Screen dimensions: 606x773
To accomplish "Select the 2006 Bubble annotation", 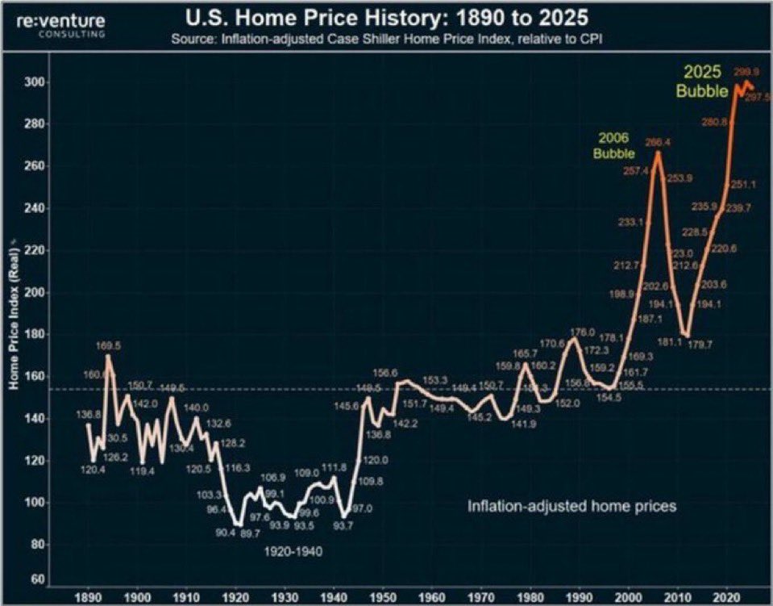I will point(615,145).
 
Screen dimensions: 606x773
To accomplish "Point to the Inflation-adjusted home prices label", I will point(571,507).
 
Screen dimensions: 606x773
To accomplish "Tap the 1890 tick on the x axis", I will point(88,598).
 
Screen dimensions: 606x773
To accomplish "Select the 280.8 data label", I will point(715,122).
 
